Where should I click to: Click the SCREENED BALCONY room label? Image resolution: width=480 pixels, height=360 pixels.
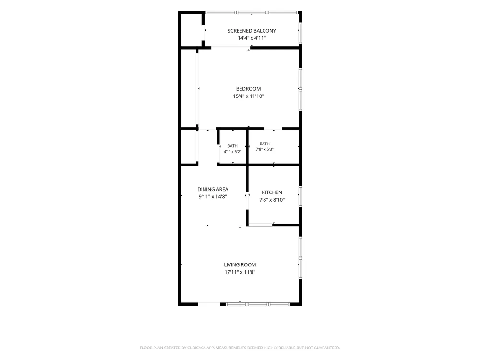252,31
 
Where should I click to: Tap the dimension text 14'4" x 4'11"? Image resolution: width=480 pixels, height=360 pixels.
252,38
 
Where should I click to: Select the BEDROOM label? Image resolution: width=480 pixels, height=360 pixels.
248,89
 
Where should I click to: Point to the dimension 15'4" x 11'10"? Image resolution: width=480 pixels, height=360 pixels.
248,96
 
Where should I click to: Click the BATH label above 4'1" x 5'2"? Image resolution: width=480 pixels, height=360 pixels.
232,146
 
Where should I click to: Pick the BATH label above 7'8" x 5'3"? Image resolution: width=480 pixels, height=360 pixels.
264,144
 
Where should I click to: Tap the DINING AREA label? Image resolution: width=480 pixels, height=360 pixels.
213,189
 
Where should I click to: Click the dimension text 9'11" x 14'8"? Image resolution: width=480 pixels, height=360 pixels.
213,196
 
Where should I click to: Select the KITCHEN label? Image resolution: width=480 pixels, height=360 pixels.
272,192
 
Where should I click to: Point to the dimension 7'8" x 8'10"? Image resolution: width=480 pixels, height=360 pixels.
272,200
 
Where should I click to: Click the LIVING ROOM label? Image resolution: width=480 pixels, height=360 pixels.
240,265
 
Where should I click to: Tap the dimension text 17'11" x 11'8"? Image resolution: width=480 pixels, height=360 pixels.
240,272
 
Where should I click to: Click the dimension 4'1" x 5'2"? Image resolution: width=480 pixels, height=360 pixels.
232,152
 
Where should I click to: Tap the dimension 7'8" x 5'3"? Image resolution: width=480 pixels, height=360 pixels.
264,149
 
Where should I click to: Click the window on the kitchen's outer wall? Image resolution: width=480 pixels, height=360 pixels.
300,196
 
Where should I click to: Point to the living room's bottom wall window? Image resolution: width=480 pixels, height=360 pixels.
257,304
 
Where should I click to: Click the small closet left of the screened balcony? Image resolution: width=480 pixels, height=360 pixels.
192,30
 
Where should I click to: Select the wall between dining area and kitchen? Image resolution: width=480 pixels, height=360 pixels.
247,195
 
